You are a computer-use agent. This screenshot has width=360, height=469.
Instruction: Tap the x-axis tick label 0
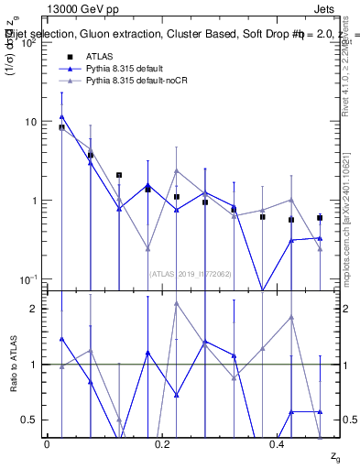pos(47,444)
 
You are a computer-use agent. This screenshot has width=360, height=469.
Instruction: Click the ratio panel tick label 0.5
pos(28,420)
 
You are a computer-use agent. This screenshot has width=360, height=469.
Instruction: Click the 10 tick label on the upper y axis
pos(28,122)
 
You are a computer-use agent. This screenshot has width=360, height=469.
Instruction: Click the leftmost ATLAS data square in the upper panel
pos(61,127)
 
